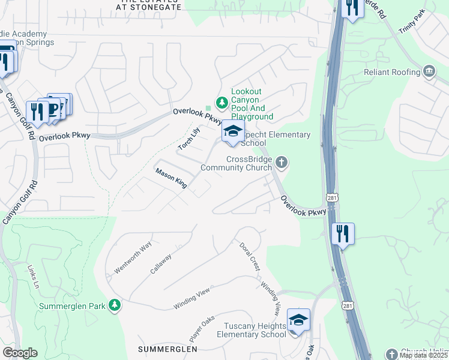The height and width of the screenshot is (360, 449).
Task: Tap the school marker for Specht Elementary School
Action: pyautogui.click(x=233, y=133)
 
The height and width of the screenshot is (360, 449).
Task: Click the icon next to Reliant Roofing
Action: pyautogui.click(x=429, y=72)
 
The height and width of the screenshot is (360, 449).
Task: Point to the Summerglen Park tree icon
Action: pyautogui.click(x=114, y=306)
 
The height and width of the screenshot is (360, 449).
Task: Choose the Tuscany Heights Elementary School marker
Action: pyautogui.click(x=298, y=320)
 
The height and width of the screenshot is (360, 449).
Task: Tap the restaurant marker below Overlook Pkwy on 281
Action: pyautogui.click(x=343, y=233)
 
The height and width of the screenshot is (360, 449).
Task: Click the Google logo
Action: pyautogui.click(x=20, y=353)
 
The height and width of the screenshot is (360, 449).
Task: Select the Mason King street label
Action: pyautogui.click(x=172, y=179)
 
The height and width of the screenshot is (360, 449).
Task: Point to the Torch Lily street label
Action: pyautogui.click(x=188, y=139)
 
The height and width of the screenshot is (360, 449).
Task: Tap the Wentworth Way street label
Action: pyautogui.click(x=133, y=259)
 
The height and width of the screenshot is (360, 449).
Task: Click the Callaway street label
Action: pyautogui.click(x=161, y=263)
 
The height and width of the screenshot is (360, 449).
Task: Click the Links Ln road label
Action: pyautogui.click(x=32, y=275)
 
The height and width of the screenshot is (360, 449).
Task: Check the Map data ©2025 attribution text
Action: pyautogui.click(x=423, y=355)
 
